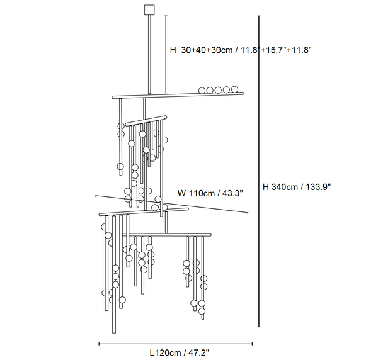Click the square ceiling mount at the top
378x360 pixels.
(x=149, y=9)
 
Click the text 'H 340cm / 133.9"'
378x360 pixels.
(x=297, y=187)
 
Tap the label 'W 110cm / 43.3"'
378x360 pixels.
(x=210, y=193)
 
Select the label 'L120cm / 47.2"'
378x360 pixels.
(x=180, y=353)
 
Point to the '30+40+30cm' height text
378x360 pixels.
(x=207, y=50)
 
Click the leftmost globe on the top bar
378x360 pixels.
(x=202, y=91)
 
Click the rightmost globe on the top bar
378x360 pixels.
(x=234, y=89)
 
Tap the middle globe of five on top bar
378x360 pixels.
(x=218, y=90)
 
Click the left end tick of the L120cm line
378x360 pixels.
(x=99, y=344)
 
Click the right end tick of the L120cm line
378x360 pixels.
(x=252, y=344)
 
